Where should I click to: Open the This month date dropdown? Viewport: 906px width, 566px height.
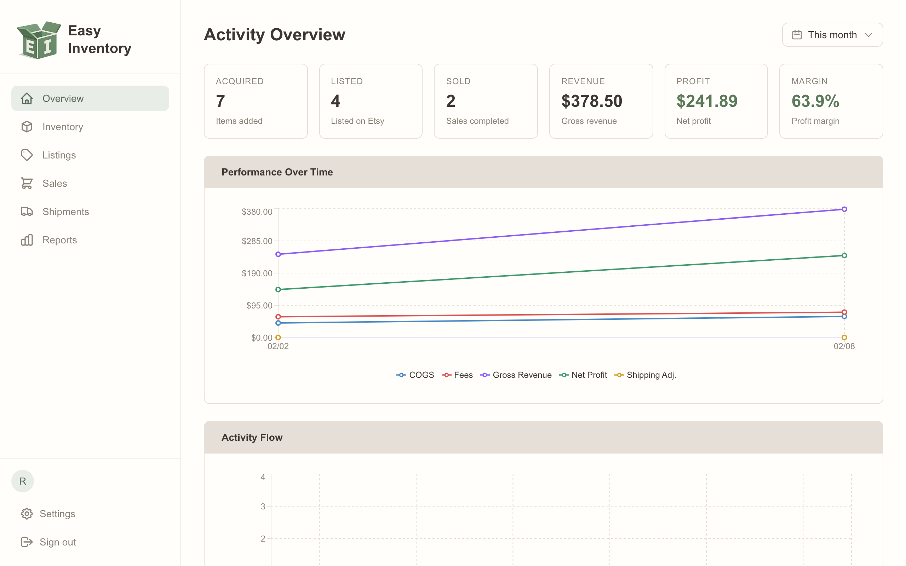pos(832,35)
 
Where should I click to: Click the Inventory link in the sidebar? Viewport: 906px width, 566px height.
pos(63,127)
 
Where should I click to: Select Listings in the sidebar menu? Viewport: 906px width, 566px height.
pos(59,155)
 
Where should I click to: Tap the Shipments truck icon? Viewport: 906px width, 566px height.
pos(27,212)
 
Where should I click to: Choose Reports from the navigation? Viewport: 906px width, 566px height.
pos(59,240)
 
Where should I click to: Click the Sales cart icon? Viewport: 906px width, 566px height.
pos(27,184)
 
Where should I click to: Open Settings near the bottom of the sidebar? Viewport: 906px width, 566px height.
pos(57,514)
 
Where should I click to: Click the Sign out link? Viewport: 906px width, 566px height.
pos(58,542)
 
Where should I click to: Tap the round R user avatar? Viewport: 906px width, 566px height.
pos(22,481)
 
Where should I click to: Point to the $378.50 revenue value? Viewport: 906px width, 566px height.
pos(591,101)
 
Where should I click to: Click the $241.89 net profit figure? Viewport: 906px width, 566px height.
pos(706,101)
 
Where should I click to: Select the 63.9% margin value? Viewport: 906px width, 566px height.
pos(815,101)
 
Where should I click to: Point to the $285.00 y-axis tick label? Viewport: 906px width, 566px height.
pos(257,241)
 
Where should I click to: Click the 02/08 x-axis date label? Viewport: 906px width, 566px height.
pos(844,346)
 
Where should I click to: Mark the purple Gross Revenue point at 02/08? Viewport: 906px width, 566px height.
pos(844,209)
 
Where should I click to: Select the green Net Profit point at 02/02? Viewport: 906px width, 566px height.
pos(278,289)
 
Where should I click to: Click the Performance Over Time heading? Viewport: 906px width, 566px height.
pos(277,172)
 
